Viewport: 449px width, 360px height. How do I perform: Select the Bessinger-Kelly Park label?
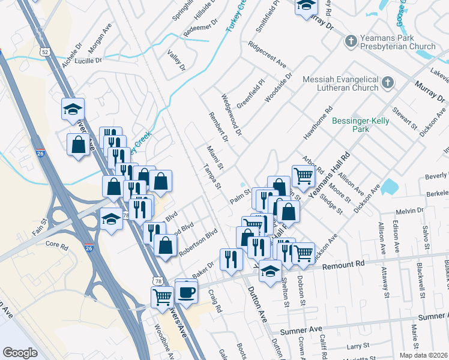click(360, 125)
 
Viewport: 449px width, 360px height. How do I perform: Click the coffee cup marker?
click(187, 292)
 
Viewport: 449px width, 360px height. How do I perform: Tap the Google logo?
click(20, 353)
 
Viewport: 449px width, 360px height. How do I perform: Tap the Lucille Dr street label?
click(89, 60)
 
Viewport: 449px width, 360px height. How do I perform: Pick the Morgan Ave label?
click(101, 37)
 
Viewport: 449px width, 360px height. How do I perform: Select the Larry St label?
click(358, 346)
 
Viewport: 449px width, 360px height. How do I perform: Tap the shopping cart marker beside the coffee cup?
click(162, 296)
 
